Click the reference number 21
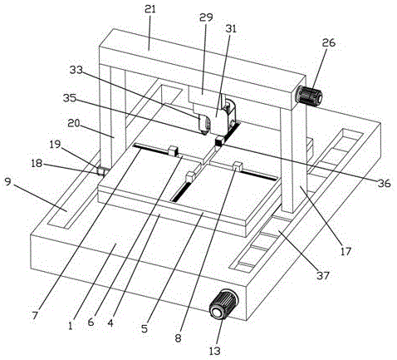pos(150,10)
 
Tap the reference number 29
pos(206,18)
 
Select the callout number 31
pos(232,29)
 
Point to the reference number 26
pos(329,43)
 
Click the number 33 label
pos(76,70)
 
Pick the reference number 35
pos(70,98)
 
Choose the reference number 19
pos(56,145)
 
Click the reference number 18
pos(37,164)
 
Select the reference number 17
pos(346,251)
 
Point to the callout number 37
pos(323,276)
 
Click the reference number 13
pos(215,351)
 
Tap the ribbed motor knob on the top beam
pos(309,96)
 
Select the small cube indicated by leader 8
pos(238,166)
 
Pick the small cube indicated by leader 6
pos(174,150)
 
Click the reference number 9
pos(8,182)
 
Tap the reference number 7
pos(35,316)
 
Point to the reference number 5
pos(145,328)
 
